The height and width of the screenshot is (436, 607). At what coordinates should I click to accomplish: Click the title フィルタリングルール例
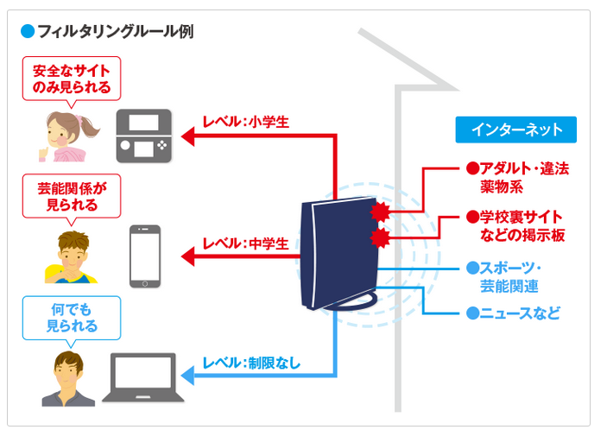coord(115,32)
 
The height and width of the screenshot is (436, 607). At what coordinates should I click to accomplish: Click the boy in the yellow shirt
coord(66,256)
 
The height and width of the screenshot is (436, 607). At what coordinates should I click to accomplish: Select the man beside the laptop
coord(67,377)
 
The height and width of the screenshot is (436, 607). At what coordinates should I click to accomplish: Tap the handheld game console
coord(144,136)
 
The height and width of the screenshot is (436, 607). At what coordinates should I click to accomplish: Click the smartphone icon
coord(145,256)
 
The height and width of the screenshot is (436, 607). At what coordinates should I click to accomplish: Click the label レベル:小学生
coord(245,123)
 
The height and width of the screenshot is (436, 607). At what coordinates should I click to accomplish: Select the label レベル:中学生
coord(245,243)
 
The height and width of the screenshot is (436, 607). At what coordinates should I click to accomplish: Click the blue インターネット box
coord(516,130)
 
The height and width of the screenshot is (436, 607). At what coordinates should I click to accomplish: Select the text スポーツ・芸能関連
coord(510,275)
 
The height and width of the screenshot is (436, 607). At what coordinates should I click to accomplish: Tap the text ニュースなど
coord(513,313)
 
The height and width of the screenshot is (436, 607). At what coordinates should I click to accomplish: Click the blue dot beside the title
coord(26,32)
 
